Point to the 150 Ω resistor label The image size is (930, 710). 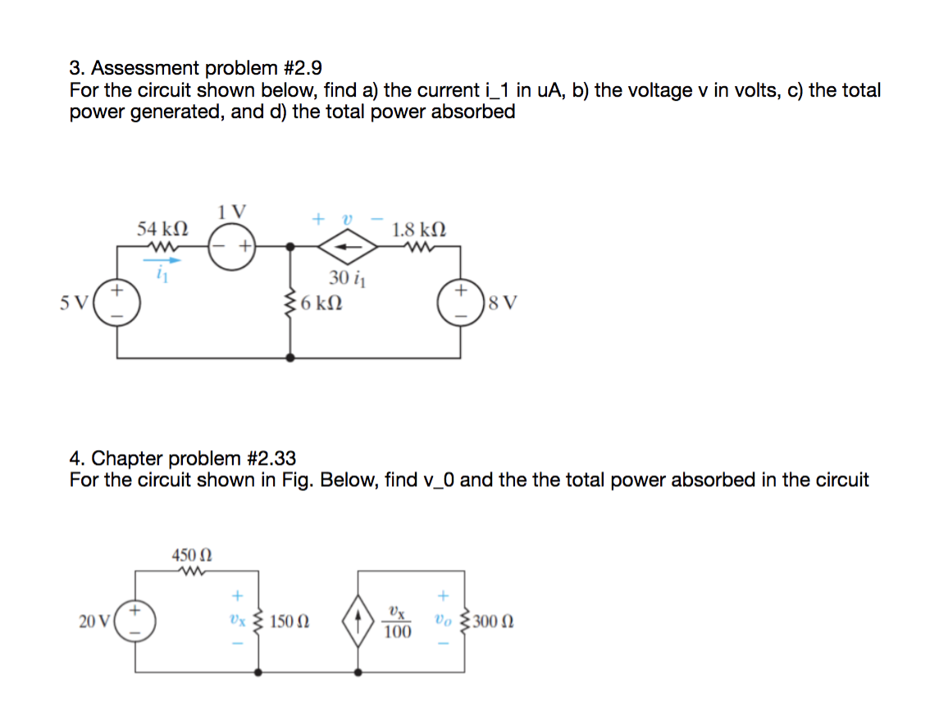[289, 622]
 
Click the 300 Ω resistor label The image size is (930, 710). [495, 622]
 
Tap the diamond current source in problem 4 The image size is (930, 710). [358, 622]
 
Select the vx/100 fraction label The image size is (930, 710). [397, 622]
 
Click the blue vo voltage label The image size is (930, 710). [444, 621]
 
